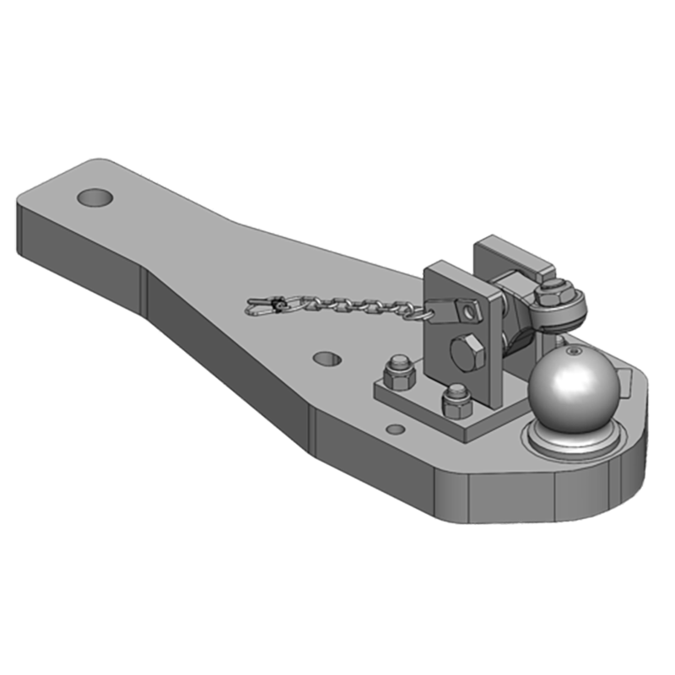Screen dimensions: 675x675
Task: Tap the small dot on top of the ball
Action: [573, 350]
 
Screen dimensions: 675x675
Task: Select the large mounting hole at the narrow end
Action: [94, 197]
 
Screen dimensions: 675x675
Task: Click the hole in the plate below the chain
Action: [327, 359]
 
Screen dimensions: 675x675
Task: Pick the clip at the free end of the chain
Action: [264, 306]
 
